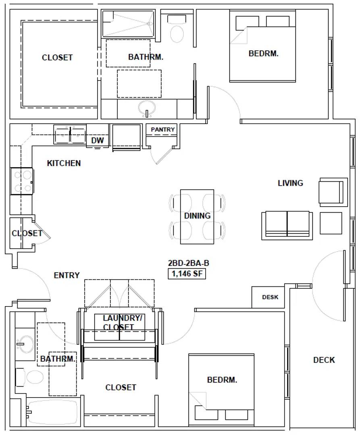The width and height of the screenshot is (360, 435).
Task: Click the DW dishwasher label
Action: click(x=98, y=141)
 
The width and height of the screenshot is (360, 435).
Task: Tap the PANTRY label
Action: click(x=162, y=130)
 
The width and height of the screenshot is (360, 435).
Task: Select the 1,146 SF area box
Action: click(x=187, y=274)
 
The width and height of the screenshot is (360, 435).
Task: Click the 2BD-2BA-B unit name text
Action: click(x=188, y=263)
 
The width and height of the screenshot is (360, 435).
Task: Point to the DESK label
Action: click(x=270, y=297)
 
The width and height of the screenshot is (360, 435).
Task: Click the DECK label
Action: click(x=324, y=360)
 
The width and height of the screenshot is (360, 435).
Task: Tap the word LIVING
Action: click(x=290, y=183)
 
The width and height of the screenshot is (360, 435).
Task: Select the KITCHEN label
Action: click(x=64, y=163)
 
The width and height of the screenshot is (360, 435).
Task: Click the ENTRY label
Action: click(x=67, y=275)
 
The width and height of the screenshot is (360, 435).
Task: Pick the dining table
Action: click(x=197, y=217)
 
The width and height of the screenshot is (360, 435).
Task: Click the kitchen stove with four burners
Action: click(x=22, y=181)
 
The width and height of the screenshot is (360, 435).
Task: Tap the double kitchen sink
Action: click(x=70, y=135)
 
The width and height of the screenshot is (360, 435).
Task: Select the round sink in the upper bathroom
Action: click(x=147, y=108)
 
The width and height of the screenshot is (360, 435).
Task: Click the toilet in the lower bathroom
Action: click(x=29, y=377)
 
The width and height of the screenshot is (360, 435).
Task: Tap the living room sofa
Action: click(x=287, y=225)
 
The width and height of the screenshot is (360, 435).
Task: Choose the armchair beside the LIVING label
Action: click(x=333, y=192)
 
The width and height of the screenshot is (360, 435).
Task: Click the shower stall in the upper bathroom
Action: click(x=128, y=24)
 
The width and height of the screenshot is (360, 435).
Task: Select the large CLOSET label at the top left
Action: click(x=57, y=58)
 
